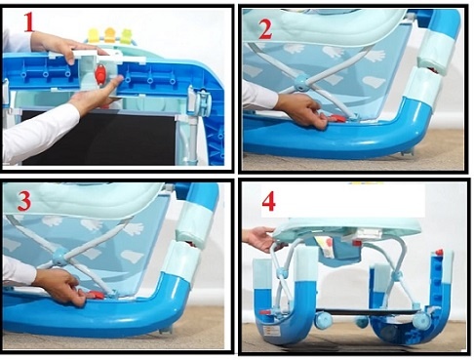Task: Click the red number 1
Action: tap(28, 21)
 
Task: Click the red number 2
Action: tap(263, 29)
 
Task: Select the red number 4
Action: tap(268, 202)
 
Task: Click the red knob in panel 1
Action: tap(99, 75)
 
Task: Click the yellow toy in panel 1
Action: tap(94, 35)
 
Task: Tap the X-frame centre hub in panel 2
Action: tap(302, 86)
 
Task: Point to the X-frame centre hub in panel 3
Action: tap(60, 257)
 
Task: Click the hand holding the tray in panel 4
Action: tap(259, 238)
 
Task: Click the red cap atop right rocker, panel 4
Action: tap(440, 253)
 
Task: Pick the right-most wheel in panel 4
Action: tap(420, 321)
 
